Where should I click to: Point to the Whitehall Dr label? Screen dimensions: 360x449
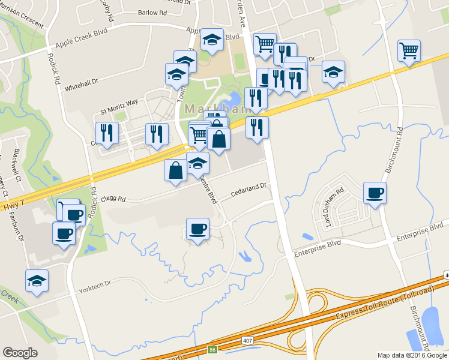pos(82,83)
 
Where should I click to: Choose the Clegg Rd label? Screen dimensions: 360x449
pos(113,199)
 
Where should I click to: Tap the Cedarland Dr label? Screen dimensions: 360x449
pos(249,191)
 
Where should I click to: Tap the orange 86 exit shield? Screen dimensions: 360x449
pos(212,348)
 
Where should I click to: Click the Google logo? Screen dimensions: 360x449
pos(20,353)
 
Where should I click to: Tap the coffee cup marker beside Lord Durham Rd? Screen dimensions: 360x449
pos(375,193)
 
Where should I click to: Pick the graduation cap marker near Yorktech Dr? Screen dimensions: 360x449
pos(37,280)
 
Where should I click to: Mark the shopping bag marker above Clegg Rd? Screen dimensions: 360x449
pos(175,170)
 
